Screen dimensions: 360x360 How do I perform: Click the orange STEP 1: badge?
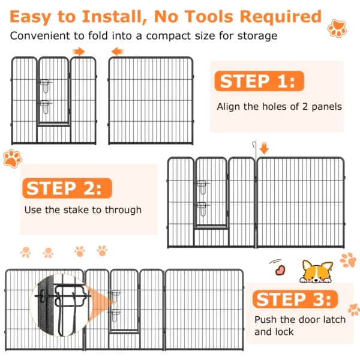pos(259,81)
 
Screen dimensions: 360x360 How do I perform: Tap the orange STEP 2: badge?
pos(67,188)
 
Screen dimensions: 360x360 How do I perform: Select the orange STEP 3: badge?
pos(295,299)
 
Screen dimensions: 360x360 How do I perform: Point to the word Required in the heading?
pos(280,17)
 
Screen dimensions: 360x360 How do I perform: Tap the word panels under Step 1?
pos(326,107)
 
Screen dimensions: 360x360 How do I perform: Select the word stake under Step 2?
pos(76,210)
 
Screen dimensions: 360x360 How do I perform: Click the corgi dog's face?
pos(316,272)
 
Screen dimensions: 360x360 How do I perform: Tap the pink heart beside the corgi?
pos(280,270)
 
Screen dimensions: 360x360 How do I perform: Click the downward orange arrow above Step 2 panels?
pos(264,148)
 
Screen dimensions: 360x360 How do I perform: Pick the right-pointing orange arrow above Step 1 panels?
pos(79,52)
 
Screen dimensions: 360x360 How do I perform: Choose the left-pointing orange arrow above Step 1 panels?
pos(118,52)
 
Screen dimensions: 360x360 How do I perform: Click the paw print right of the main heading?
pos(337,28)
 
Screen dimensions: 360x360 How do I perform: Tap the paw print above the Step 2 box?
pos(13,158)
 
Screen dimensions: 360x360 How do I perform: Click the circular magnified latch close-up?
pos(61,305)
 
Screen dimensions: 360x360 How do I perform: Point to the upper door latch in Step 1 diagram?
pos(45,86)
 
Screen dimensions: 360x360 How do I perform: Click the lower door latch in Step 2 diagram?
pos(202,209)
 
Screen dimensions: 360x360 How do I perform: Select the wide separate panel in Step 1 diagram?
pos(151,101)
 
